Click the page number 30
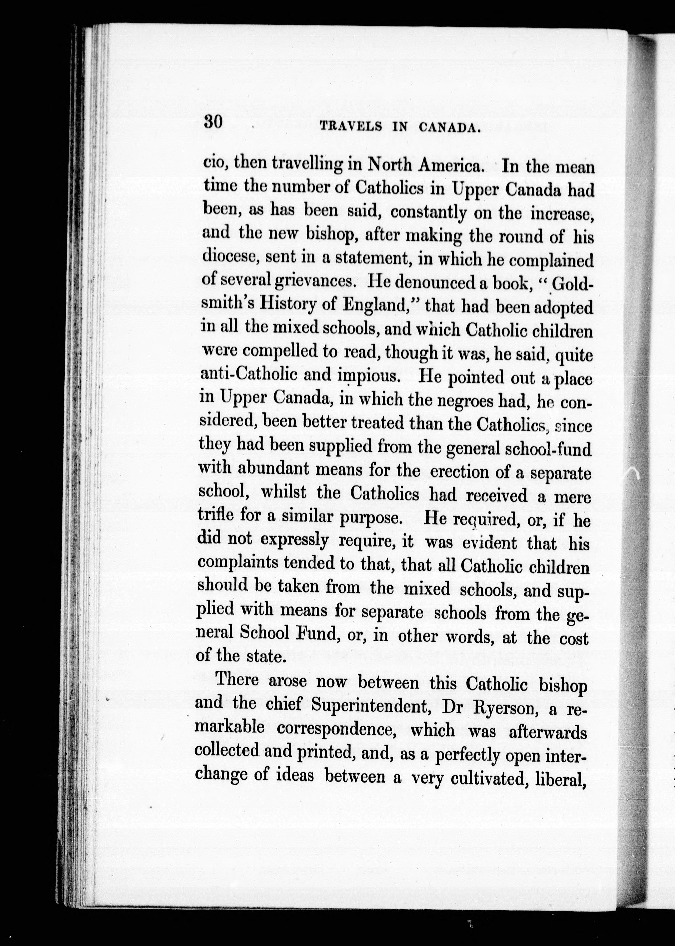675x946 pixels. pos(214,123)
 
